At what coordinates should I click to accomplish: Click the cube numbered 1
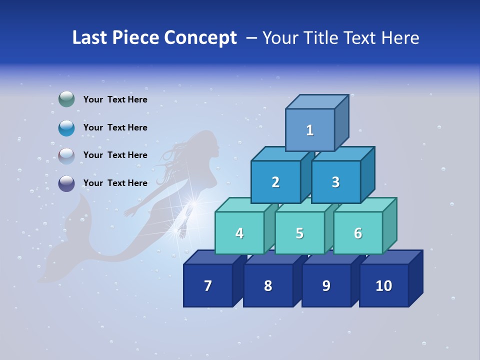coord(310,130)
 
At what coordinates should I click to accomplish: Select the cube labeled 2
coord(275,182)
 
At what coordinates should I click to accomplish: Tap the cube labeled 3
coord(335,182)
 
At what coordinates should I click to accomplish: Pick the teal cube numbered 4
coord(239,233)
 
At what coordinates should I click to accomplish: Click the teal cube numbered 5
coord(299,233)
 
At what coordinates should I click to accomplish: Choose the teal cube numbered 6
coord(358,233)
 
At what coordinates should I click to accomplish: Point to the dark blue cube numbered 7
coord(208,285)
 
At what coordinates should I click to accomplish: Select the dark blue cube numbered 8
coord(268,285)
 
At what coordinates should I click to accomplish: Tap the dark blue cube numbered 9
coord(326,285)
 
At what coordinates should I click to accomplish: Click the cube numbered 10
coord(383,285)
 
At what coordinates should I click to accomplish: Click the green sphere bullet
coord(66,99)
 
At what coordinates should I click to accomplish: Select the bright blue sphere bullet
coord(66,128)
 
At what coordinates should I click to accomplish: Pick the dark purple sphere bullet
coord(66,183)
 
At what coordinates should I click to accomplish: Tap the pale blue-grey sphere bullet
coord(66,156)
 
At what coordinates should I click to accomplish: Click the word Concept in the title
coord(200,38)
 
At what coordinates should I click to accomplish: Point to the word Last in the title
coord(90,38)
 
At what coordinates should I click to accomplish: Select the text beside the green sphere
coord(115,99)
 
